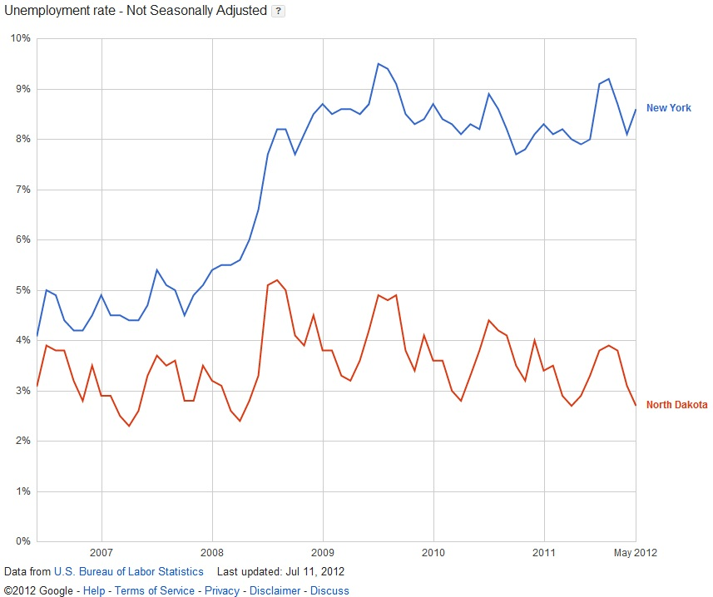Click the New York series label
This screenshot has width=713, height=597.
pyautogui.click(x=668, y=108)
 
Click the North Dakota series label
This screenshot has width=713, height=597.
pyautogui.click(x=676, y=405)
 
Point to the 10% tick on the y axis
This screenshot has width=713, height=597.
pyautogui.click(x=20, y=38)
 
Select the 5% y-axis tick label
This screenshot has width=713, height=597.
pyautogui.click(x=22, y=290)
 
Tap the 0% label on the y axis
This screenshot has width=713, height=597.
pyautogui.click(x=22, y=542)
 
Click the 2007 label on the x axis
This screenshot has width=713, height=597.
pyautogui.click(x=101, y=553)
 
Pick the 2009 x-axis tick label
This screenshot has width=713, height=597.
pyautogui.click(x=323, y=553)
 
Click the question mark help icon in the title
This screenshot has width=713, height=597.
pyautogui.click(x=279, y=11)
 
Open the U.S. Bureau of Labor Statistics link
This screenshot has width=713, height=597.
pyautogui.click(x=128, y=572)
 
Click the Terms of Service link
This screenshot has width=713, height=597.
pyautogui.click(x=154, y=590)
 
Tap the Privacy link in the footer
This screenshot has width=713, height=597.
pyautogui.click(x=221, y=590)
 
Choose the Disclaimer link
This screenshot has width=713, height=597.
pyautogui.click(x=276, y=590)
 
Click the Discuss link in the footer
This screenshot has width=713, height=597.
pyautogui.click(x=329, y=590)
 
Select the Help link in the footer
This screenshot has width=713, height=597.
pyautogui.click(x=94, y=590)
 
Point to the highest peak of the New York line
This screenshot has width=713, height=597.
pyautogui.click(x=379, y=63)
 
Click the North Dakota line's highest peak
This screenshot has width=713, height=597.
pyautogui.click(x=276, y=280)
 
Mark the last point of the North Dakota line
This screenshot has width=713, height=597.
pyautogui.click(x=636, y=405)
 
